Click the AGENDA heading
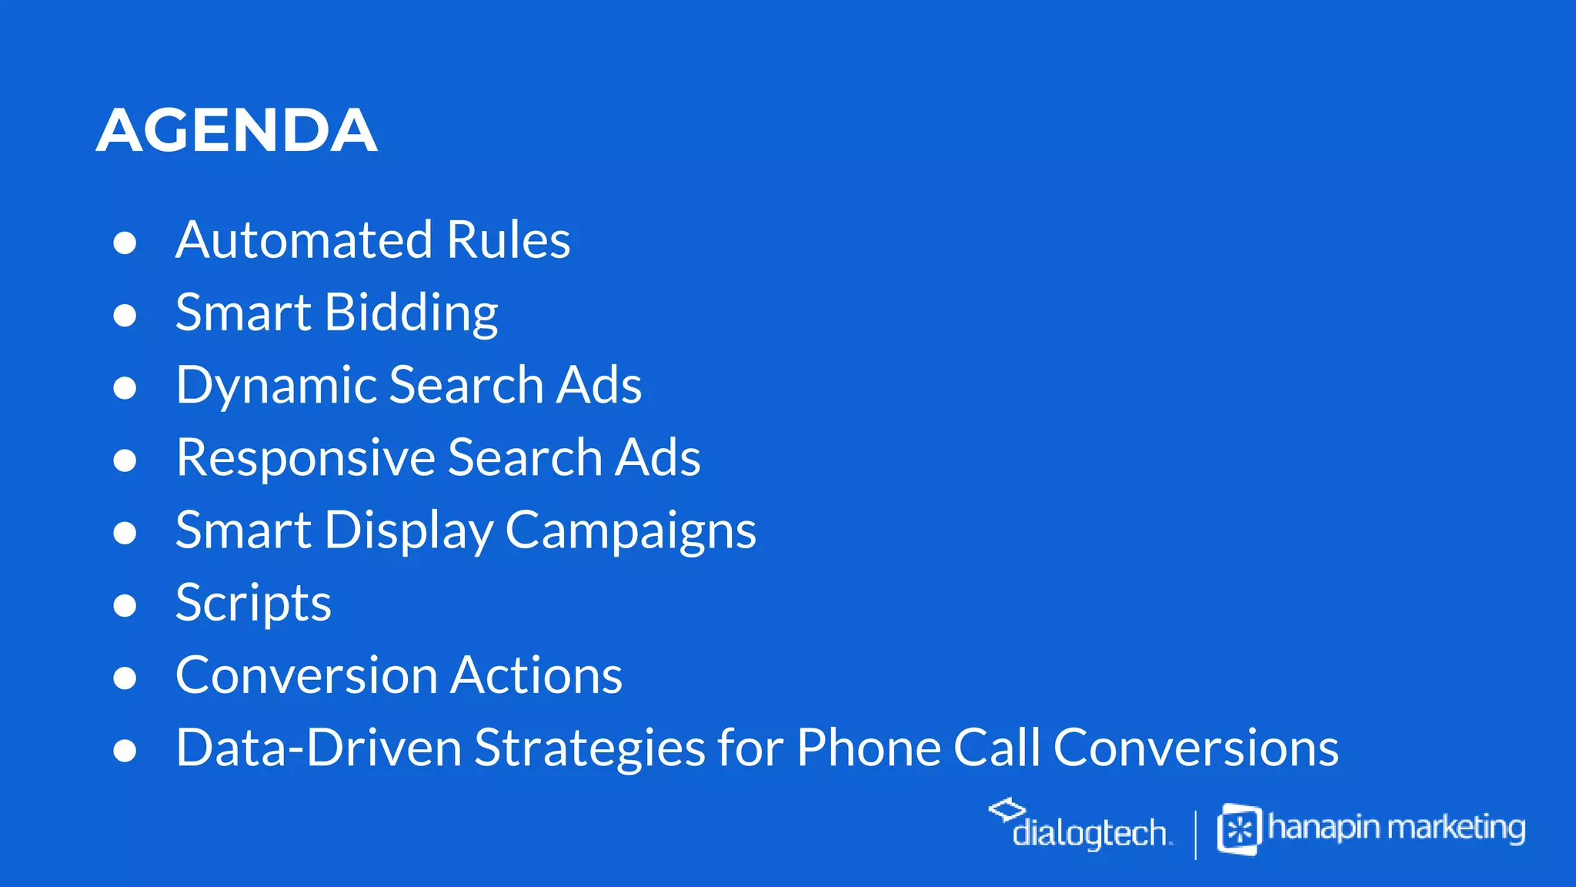[236, 130]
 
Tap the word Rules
[508, 239]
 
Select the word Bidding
[411, 313]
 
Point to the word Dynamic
[275, 385]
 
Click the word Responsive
[306, 457]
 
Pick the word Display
[409, 531]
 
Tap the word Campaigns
[630, 531]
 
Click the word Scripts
[253, 603]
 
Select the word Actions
[536, 675]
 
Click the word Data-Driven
[318, 748]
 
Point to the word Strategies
[589, 748]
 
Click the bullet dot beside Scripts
[125, 606]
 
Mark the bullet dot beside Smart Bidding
[125, 316]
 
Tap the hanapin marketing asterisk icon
[1239, 830]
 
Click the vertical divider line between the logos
[1195, 834]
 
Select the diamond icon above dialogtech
[1007, 808]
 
